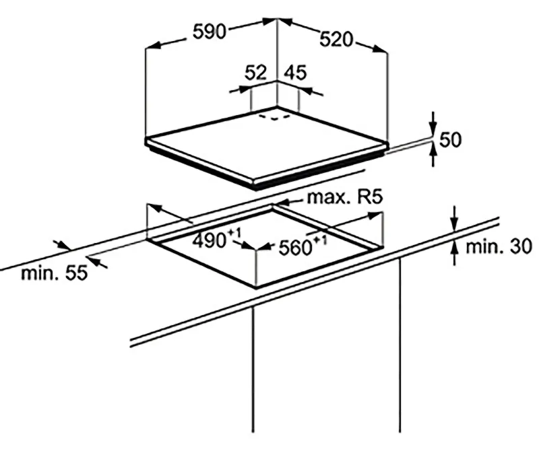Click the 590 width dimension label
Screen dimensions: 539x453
pos(209,32)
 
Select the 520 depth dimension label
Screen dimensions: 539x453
pos(336,39)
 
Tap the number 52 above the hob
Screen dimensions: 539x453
pos(255,73)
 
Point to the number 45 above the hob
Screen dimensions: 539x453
pos(295,73)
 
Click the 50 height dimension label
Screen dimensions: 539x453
pos(450,140)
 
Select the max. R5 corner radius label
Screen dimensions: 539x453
pos(345,197)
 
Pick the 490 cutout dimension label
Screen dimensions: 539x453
pos(209,240)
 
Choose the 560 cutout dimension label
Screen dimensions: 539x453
pos(295,248)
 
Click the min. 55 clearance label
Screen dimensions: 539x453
pos(55,273)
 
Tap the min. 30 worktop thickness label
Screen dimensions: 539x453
pos(499,246)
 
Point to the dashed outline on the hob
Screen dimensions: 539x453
pos(275,117)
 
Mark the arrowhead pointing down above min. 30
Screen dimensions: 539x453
pos(455,224)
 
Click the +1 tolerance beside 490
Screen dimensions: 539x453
pos(234,233)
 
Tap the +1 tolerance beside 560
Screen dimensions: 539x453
pos(321,240)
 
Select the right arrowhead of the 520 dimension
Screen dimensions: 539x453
pos(380,48)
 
